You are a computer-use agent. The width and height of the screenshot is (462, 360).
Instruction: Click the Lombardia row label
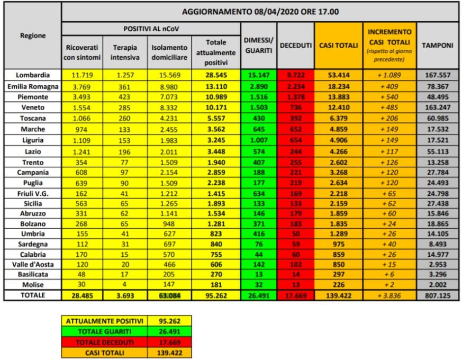pos(32,75)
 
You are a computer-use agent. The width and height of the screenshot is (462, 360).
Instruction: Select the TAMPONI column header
pos(437,46)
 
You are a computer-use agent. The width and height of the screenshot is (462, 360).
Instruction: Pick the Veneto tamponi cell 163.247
pos(437,107)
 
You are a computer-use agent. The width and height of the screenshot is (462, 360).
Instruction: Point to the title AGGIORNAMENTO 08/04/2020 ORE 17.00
pos(260,11)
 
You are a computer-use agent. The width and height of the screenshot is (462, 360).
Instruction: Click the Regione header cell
pos(32,35)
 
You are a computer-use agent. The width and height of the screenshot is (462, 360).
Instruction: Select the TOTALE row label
pos(32,295)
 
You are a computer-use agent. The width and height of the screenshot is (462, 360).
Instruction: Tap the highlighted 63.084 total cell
pos(169,295)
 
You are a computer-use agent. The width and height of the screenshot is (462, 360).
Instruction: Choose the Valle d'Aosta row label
pos(32,264)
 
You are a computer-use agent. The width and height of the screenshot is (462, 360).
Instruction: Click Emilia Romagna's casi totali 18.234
pos(337,86)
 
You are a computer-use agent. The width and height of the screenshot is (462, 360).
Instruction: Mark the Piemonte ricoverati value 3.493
pos(82,97)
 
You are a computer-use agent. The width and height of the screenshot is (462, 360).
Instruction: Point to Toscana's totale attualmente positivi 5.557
pos(218,119)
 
